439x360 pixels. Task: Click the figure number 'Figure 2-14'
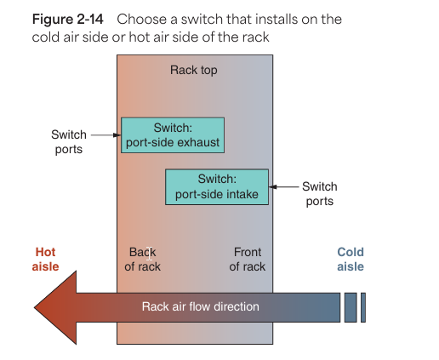click(68, 20)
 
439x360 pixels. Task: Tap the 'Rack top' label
click(194, 70)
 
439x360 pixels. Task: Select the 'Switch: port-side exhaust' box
click(173, 135)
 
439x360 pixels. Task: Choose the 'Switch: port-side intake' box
click(217, 187)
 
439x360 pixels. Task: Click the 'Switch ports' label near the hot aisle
click(69, 142)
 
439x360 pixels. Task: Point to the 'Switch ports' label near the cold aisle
click(320, 194)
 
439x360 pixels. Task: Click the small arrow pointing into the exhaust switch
click(106, 135)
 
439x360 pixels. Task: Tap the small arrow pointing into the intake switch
click(283, 186)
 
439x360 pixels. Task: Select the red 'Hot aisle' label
click(45, 260)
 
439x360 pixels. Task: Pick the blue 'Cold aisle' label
click(351, 260)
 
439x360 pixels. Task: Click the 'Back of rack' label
click(142, 260)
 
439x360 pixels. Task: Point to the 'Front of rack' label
click(248, 260)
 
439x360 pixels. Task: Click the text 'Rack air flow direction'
click(201, 306)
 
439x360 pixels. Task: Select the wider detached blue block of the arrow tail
click(351, 307)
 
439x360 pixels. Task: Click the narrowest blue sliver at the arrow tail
click(363, 307)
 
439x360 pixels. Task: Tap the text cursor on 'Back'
click(150, 254)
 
